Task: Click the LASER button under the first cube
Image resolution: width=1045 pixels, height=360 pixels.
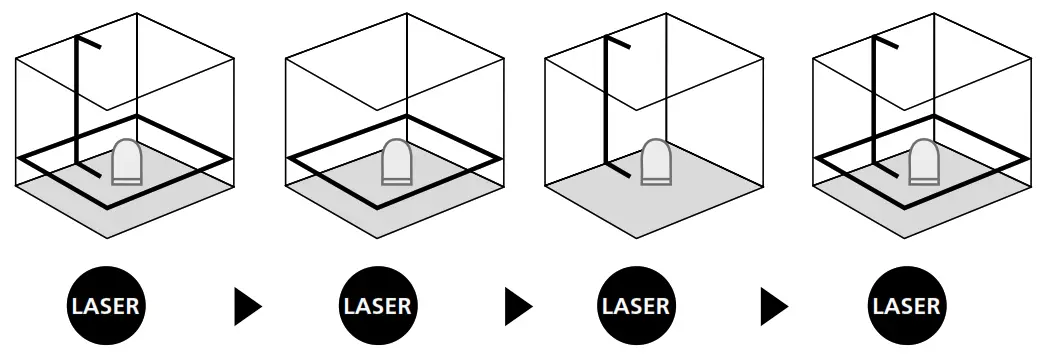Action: pyautogui.click(x=106, y=306)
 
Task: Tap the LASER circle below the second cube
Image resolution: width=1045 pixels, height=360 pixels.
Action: pyautogui.click(x=377, y=306)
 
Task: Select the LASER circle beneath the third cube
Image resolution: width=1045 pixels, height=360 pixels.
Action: pyautogui.click(x=635, y=306)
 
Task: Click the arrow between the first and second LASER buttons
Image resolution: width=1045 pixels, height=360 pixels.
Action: pyautogui.click(x=245, y=306)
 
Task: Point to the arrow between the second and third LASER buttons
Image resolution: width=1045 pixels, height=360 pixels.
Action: pyautogui.click(x=517, y=306)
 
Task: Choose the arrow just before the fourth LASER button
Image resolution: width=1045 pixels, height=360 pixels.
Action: pyautogui.click(x=773, y=306)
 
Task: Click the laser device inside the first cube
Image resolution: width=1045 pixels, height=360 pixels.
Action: pyautogui.click(x=127, y=162)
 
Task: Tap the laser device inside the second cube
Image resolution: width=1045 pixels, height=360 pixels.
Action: pyautogui.click(x=397, y=162)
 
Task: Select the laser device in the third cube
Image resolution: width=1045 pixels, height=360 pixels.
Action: pyautogui.click(x=656, y=162)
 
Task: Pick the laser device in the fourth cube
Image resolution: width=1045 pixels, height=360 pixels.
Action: pyautogui.click(x=924, y=162)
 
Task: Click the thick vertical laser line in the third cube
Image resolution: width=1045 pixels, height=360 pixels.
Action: pyautogui.click(x=606, y=100)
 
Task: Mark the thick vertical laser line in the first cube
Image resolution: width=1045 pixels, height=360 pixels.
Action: pyautogui.click(x=77, y=100)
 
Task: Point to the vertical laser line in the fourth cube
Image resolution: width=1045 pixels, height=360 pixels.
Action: pyautogui.click(x=875, y=100)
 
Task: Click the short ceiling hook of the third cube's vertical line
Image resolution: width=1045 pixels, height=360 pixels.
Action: pyautogui.click(x=618, y=43)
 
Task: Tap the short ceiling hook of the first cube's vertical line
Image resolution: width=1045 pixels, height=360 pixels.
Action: pyautogui.click(x=89, y=43)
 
